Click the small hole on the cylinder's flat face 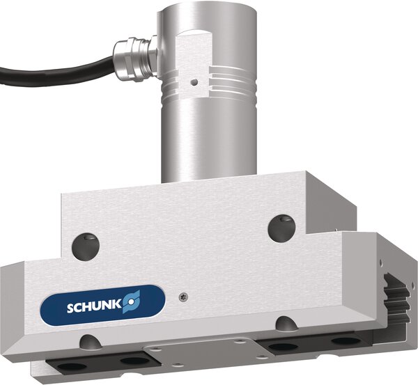tap(197, 81)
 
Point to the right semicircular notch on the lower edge tap(285, 324)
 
